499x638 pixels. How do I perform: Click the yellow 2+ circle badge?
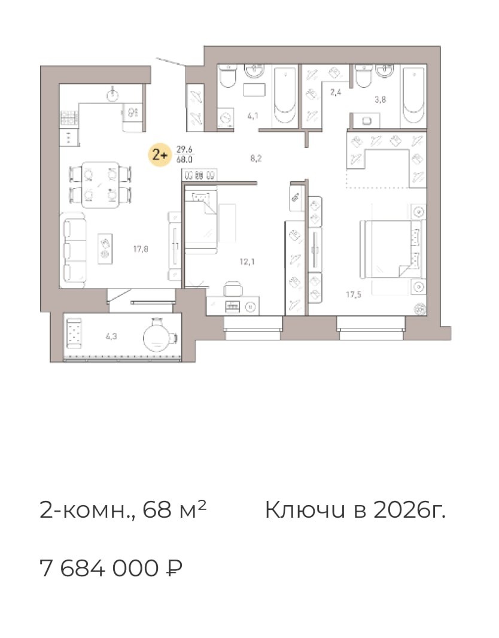(x=160, y=155)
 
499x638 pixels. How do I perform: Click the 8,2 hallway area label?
(x=256, y=159)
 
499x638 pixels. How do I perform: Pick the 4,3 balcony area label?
(x=111, y=336)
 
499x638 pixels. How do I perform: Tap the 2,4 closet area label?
(x=336, y=92)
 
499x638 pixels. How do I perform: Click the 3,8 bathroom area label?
(x=380, y=100)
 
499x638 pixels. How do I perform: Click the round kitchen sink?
(x=113, y=94)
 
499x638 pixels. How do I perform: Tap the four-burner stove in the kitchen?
(x=70, y=117)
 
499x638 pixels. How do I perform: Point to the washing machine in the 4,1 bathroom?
(x=226, y=119)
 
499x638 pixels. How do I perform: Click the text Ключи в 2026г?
(x=355, y=511)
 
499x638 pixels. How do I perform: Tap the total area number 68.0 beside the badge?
(x=184, y=160)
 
